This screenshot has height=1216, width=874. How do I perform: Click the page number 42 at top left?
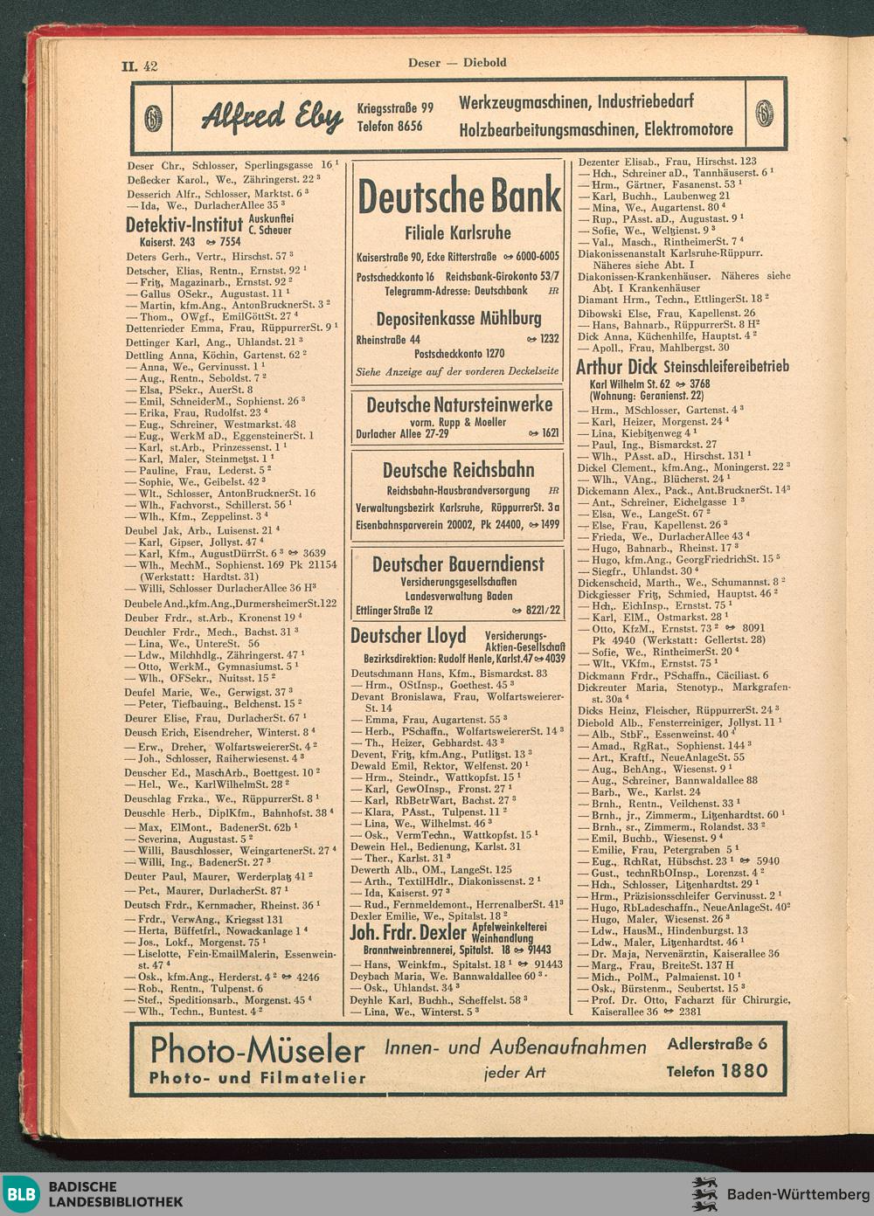[x=149, y=66]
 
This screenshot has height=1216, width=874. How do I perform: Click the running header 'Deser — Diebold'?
[x=456, y=62]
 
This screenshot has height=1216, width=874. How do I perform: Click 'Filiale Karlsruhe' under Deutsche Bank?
[x=457, y=234]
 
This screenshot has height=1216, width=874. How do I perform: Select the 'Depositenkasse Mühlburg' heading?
[x=458, y=319]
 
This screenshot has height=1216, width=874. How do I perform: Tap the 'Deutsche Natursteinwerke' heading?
[x=459, y=405]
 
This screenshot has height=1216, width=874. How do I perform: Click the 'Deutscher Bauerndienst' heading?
[x=458, y=564]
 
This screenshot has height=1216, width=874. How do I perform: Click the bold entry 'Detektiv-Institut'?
[x=184, y=227]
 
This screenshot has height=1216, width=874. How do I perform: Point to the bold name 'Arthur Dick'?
[x=616, y=367]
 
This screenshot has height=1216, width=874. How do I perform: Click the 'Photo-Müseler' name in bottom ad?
[x=257, y=1049]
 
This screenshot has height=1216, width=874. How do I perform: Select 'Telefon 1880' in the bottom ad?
[x=717, y=1071]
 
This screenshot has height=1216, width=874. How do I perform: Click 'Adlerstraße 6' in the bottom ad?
[x=717, y=1043]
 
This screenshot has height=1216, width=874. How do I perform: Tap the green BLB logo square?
[x=24, y=1194]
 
